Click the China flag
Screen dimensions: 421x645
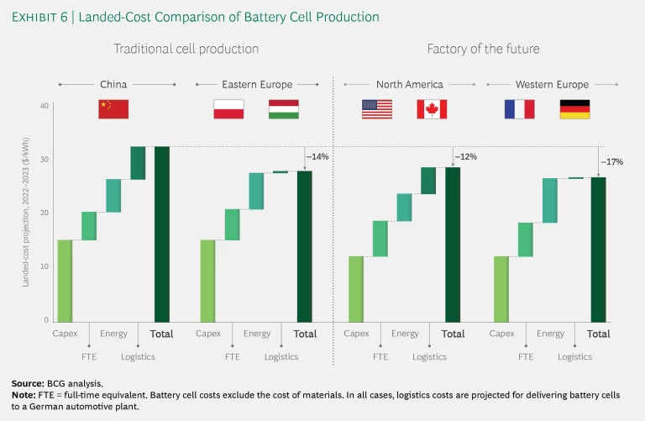click(x=113, y=108)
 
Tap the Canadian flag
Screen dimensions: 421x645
click(x=432, y=108)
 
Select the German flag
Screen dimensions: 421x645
click(x=574, y=108)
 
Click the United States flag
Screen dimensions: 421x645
click(x=376, y=108)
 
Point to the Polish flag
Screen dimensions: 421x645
click(x=228, y=108)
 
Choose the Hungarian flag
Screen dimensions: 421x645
click(x=283, y=108)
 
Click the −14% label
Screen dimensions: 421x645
click(x=317, y=157)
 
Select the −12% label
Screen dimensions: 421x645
click(x=465, y=157)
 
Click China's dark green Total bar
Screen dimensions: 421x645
click(x=162, y=234)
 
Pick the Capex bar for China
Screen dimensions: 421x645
click(x=65, y=280)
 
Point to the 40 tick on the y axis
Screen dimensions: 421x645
click(x=44, y=106)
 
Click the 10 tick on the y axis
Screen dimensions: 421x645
click(x=44, y=266)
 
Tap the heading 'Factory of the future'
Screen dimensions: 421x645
click(x=483, y=49)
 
